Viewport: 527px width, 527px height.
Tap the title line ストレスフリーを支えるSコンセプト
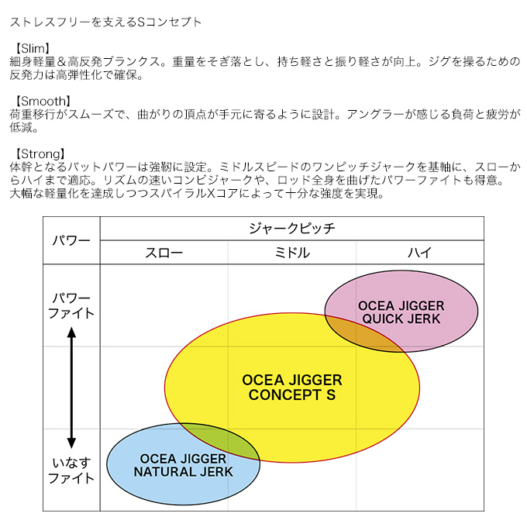point(105,22)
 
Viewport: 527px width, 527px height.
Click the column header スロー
point(164,253)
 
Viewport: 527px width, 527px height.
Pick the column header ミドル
point(291,253)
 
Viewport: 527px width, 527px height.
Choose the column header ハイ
point(420,253)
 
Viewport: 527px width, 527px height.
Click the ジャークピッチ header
point(291,229)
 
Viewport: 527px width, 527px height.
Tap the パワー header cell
point(71,241)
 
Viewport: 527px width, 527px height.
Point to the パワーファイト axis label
point(71,306)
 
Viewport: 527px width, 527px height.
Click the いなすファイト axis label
point(71,470)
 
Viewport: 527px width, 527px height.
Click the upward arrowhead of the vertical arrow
point(71,332)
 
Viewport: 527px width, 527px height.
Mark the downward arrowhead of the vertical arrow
point(71,443)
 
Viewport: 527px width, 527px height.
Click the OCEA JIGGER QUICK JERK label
point(401,312)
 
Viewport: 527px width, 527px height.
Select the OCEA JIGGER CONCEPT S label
point(291,387)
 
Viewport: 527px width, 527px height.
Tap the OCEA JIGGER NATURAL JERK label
point(183,466)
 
